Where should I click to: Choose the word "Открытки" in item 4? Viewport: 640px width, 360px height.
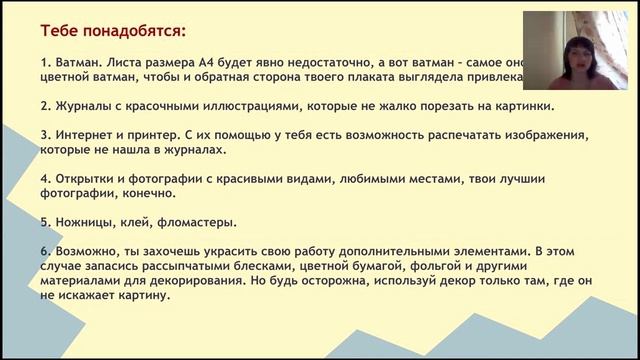77,178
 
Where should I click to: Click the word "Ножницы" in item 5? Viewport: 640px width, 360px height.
76,222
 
